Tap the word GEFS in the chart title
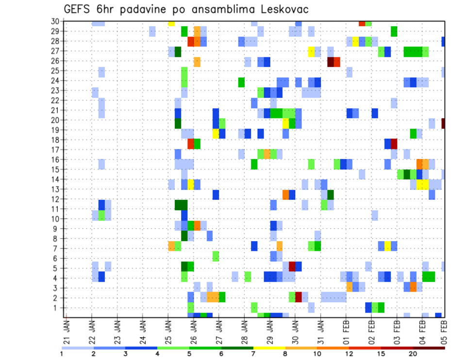click(x=78, y=10)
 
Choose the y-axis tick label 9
click(x=57, y=229)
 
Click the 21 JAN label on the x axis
click(x=67, y=329)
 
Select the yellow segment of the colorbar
click(x=269, y=347)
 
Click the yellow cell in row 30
click(x=171, y=23)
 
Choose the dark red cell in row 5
click(x=292, y=266)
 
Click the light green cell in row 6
click(x=216, y=256)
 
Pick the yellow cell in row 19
click(x=216, y=133)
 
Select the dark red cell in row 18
click(x=394, y=144)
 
